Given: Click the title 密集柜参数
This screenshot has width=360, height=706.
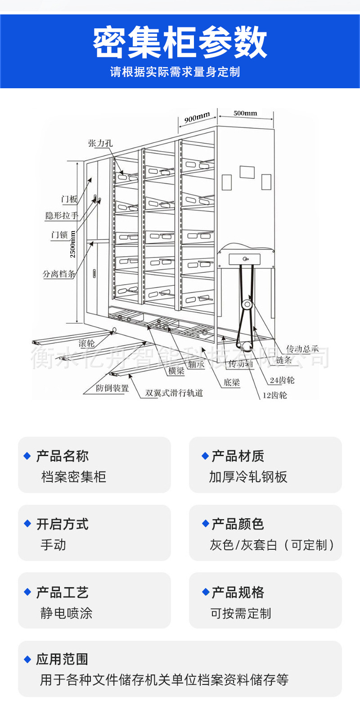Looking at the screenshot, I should pos(180,43).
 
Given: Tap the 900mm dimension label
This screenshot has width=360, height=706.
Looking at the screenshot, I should pos(197,118).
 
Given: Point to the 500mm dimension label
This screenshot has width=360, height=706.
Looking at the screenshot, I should pos(245,113).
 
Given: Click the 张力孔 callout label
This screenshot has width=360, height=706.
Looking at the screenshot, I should pos(100,143).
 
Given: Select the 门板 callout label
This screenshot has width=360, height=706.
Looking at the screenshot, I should pos(70,199).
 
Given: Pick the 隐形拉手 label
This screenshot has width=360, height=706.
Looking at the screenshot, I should pos(62,216).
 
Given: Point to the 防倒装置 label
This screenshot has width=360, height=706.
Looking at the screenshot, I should pos(112,388).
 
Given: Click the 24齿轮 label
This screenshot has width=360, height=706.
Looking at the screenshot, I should pos(282,380).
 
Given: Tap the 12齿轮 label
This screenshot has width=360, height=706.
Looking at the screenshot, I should pos(274,395).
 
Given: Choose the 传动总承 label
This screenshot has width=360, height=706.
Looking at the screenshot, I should pos(303,348).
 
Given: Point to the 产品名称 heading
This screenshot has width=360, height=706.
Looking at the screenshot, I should pos(62,456).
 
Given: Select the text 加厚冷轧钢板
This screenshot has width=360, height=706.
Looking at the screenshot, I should pos(248,477).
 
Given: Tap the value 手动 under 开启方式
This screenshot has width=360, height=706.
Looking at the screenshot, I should pos(53,545).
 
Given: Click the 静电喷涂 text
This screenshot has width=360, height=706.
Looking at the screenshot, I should pos(66,613).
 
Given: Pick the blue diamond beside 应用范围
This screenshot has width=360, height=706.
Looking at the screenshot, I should pos(27,659).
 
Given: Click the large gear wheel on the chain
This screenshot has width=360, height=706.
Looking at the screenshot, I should pos(247,305).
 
